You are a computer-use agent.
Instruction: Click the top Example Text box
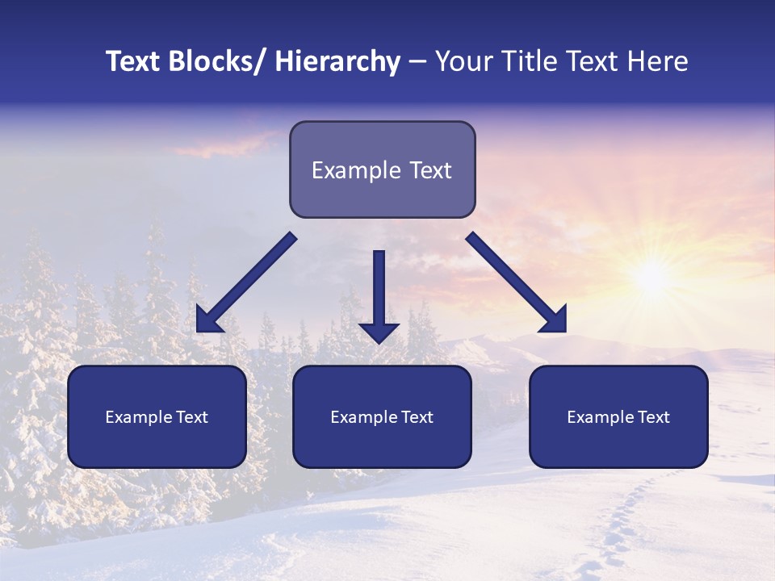[382, 169]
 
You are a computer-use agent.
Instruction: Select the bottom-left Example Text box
[157, 416]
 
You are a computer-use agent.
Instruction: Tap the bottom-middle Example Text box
[382, 416]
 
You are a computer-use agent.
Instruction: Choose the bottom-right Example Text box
[618, 416]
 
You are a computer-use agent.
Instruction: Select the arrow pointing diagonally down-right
[517, 282]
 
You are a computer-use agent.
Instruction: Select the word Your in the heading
[462, 61]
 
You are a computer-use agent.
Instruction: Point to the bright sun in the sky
[650, 278]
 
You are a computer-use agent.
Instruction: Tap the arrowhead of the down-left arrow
[208, 320]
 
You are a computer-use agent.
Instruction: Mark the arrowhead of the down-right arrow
[554, 320]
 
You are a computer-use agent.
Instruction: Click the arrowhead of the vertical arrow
[379, 332]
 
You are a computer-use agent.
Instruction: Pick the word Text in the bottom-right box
[653, 417]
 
